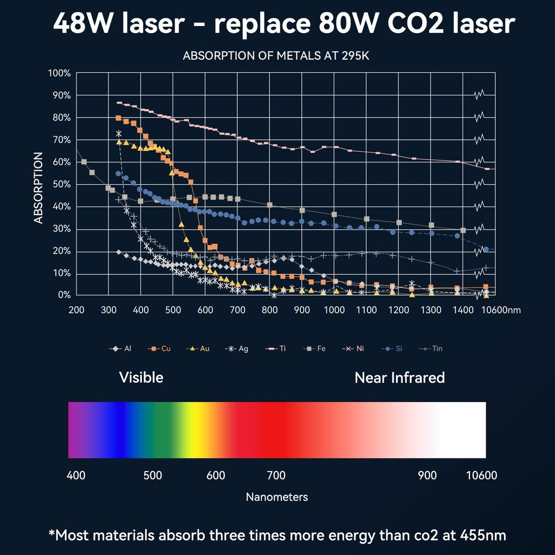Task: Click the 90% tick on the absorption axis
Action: [59, 95]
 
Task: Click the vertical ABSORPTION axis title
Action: [38, 188]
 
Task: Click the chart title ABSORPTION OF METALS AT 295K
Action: [276, 56]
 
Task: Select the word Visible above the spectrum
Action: [141, 377]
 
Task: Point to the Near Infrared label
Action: [399, 377]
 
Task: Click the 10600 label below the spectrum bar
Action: [481, 475]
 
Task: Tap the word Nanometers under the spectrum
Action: [277, 497]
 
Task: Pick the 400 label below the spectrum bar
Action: [76, 475]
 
